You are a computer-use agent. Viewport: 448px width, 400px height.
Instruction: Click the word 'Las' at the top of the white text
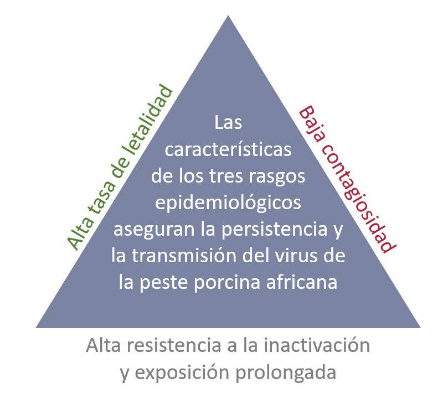click(x=228, y=122)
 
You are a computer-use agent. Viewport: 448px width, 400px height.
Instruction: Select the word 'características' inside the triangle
click(x=228, y=149)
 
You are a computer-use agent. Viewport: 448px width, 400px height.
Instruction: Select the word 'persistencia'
click(x=275, y=229)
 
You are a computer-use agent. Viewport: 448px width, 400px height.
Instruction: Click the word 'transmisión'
click(x=184, y=256)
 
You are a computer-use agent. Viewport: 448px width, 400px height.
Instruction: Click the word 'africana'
click(x=302, y=282)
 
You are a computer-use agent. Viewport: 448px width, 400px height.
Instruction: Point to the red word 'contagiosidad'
click(x=359, y=199)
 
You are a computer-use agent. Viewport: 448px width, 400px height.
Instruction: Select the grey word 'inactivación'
click(x=317, y=345)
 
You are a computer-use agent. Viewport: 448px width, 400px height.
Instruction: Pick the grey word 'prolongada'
click(x=286, y=373)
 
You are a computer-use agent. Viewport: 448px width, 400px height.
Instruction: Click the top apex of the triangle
click(x=228, y=15)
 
